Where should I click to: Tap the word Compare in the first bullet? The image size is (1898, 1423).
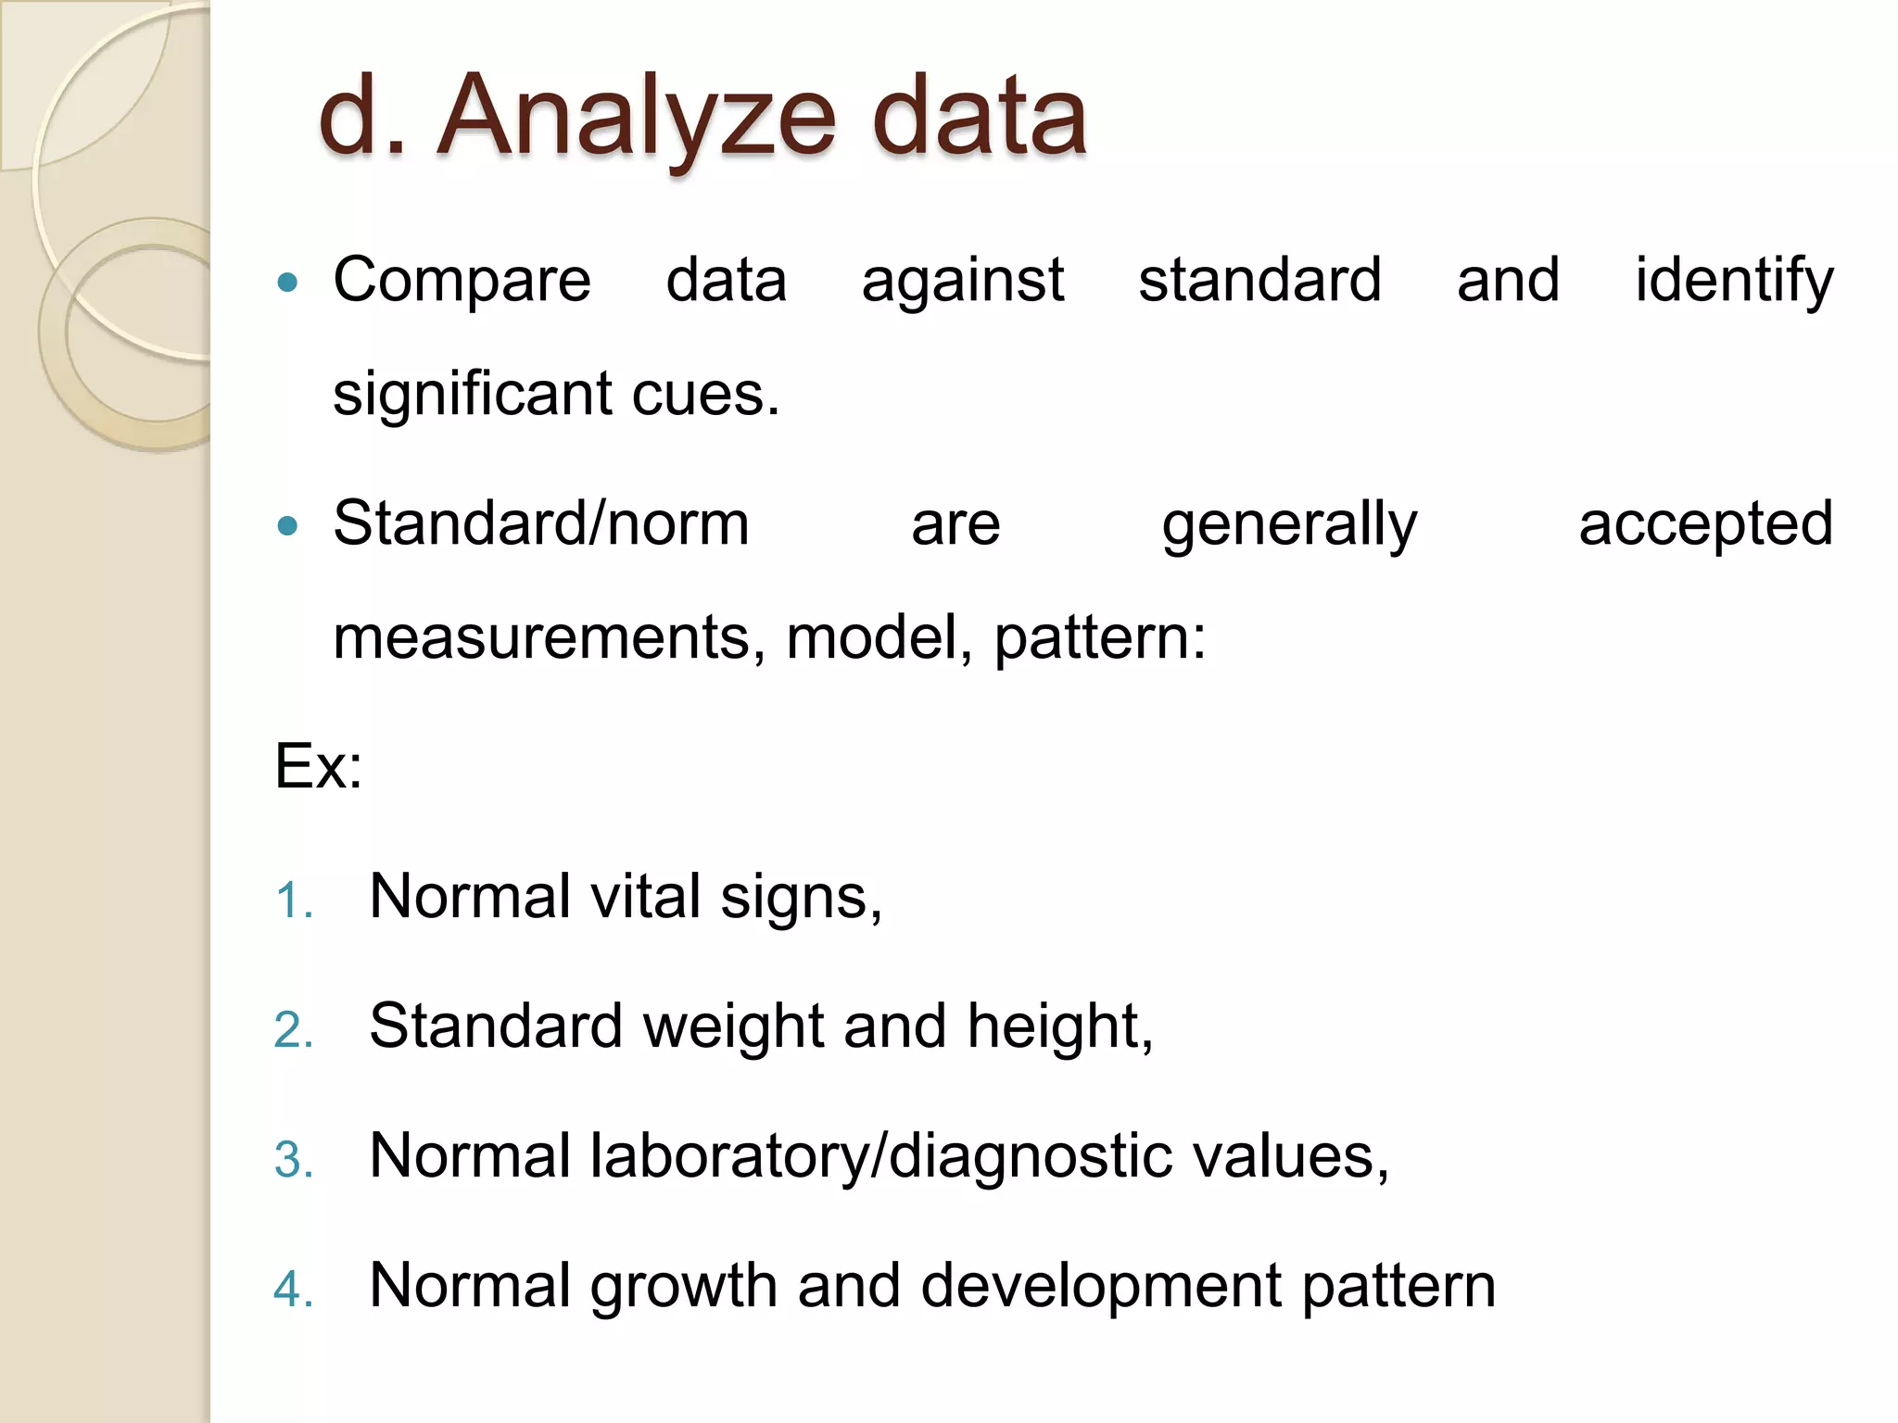pyautogui.click(x=462, y=280)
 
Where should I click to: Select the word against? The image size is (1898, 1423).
pyautogui.click(x=962, y=280)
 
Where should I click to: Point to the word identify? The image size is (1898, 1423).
pyautogui.click(x=1733, y=280)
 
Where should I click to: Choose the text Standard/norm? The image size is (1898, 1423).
pyautogui.click(x=541, y=524)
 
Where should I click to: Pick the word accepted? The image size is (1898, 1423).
pyautogui.click(x=1705, y=524)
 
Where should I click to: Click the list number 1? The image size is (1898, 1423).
pyautogui.click(x=293, y=900)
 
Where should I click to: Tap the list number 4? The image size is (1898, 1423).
pyautogui.click(x=293, y=1290)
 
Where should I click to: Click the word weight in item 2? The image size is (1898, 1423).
pyautogui.click(x=733, y=1026)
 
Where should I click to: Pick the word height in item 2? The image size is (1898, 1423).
pyautogui.click(x=1059, y=1026)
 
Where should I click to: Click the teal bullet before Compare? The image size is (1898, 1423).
pyautogui.click(x=288, y=282)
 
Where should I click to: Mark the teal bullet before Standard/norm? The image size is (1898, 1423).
pyautogui.click(x=288, y=526)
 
